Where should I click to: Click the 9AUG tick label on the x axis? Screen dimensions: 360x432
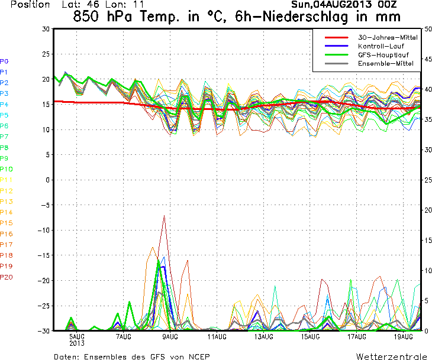point(170,337)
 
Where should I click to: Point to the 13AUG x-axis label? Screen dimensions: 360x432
point(264,337)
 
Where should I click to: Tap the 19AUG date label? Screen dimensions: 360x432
point(404,337)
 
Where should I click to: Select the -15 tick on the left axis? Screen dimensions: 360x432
point(44,255)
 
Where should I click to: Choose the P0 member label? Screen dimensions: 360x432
point(4,61)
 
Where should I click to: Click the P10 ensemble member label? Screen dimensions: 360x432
point(6,169)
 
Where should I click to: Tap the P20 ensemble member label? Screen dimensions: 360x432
point(6,277)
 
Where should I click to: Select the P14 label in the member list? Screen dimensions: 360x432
point(6,212)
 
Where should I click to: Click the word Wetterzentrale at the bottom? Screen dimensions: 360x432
point(391,356)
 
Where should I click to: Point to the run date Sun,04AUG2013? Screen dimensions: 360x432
point(333,4)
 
